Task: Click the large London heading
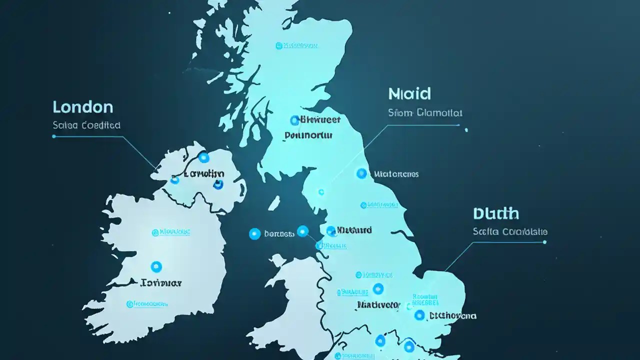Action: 83,106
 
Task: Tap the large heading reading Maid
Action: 409,93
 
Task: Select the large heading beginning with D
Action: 495,213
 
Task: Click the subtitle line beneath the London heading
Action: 86,125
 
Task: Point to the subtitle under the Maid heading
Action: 425,112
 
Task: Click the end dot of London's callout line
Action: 54,136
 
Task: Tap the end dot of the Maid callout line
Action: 466,130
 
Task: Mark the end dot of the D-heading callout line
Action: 544,242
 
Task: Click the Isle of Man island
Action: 274,203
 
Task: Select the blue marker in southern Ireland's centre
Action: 156,266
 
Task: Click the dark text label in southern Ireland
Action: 161,283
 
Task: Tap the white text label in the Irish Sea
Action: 279,233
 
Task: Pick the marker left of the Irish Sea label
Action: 254,233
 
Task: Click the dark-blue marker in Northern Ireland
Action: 218,184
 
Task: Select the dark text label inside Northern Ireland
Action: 204,174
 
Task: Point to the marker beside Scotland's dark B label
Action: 294,120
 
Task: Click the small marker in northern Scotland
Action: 278,46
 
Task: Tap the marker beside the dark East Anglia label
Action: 419,315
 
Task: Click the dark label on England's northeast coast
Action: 396,174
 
